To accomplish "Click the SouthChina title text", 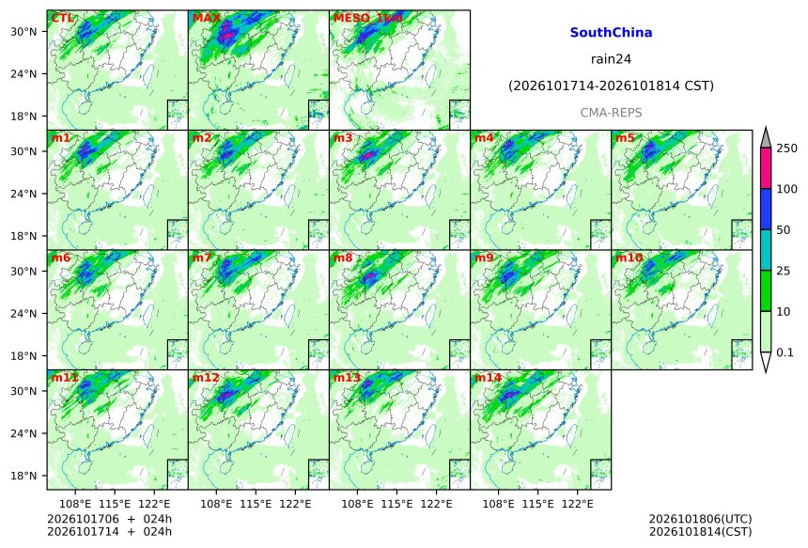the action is coord(611,33).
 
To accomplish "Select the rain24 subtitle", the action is coord(611,59).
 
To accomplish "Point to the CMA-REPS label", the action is coord(611,113).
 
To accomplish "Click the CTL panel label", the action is coord(62,18).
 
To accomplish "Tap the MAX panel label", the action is coord(206,18).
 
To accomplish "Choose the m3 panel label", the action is coord(343,137).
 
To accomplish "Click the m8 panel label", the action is coord(343,258).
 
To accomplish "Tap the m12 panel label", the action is coord(206,378).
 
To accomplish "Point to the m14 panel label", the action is coord(488,378).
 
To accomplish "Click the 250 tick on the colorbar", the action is coord(787,149).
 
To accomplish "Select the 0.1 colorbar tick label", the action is coord(785,352).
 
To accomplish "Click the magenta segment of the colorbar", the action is coord(766,168).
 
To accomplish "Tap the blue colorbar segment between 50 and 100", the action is coord(766,209).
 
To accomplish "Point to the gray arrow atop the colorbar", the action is coord(766,139).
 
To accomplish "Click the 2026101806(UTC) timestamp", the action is coord(700,519).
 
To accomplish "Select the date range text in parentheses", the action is coord(611,86).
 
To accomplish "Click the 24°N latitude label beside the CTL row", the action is coord(23,73).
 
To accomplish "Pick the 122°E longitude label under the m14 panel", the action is coord(577,504).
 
